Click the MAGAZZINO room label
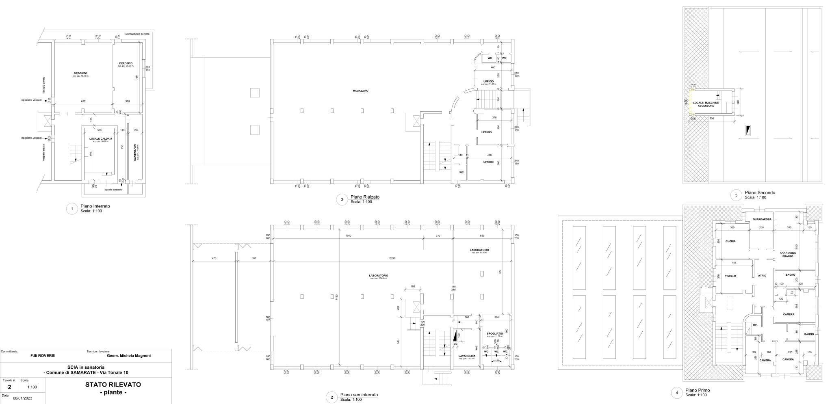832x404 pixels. pos(360,91)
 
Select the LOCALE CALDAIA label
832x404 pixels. pos(100,138)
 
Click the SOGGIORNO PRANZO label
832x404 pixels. pos(787,255)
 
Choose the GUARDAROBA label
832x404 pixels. pos(759,219)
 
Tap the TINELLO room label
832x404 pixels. pos(730,276)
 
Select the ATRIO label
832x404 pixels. pos(762,276)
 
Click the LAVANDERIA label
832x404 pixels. pos(467,356)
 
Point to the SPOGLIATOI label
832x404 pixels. pos(495,334)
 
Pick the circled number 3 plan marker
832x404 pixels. pos(342,199)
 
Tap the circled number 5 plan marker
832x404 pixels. pos(737,195)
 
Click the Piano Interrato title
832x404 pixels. pos(95,206)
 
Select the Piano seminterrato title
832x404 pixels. pos(359,395)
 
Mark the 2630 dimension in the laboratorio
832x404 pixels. pos(392,258)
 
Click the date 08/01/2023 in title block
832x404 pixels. pos(22,398)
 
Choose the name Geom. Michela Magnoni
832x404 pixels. pos(128,356)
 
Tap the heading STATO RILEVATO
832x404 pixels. pos(113,384)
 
